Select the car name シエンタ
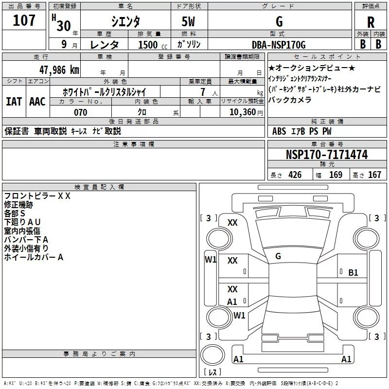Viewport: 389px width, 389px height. coord(126,21)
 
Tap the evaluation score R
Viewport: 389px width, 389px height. coord(371,22)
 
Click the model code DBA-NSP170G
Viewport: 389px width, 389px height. coord(279,45)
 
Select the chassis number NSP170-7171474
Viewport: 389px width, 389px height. coord(327,155)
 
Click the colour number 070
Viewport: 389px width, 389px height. coord(80,112)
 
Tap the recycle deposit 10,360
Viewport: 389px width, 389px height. coord(242,112)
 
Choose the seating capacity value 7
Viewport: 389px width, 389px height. coord(202,92)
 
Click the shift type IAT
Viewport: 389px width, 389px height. coord(14,102)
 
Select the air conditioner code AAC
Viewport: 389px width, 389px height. coord(37,102)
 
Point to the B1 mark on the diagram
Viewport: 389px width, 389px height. coord(353,273)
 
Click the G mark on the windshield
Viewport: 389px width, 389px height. coord(278,256)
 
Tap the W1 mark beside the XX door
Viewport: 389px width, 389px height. coord(210,259)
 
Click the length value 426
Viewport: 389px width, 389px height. coord(294,175)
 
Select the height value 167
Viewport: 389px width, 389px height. coord(374,175)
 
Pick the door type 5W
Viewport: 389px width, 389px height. coord(189,21)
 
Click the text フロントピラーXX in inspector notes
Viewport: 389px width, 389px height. coord(37,196)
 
